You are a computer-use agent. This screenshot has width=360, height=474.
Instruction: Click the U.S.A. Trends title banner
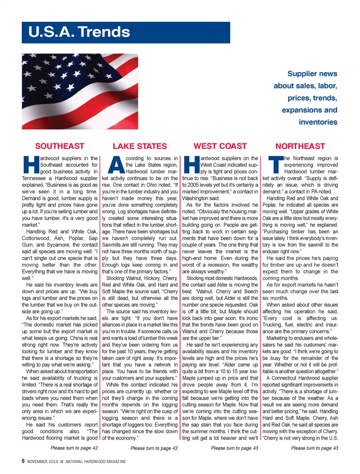coord(126,33)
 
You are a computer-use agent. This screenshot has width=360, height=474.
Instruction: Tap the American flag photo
coord(80,91)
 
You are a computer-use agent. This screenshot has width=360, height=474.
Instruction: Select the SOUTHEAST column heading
coord(60,146)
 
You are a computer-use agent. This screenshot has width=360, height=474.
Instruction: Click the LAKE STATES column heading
coord(140,146)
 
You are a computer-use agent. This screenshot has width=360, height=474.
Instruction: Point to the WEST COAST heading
coord(220,146)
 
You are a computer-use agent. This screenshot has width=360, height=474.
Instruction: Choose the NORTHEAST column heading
coord(300,146)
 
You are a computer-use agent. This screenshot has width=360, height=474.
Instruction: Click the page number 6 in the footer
coord(23,461)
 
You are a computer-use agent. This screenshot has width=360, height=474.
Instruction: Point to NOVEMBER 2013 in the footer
coord(42,462)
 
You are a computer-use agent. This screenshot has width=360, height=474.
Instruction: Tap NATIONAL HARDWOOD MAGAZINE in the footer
coord(96,462)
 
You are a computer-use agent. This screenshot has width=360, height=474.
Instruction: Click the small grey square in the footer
coord(62,462)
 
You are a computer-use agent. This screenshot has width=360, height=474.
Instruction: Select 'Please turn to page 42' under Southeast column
coord(74,448)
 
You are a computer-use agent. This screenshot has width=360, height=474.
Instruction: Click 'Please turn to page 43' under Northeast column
coord(315,448)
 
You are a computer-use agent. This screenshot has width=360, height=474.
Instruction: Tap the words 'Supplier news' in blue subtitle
coord(312,74)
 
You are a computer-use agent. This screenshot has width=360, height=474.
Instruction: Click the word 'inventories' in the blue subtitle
coord(318,122)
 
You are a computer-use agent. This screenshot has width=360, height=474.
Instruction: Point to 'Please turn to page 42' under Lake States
coord(154,448)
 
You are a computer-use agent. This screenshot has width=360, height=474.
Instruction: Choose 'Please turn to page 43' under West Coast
coord(234,448)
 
